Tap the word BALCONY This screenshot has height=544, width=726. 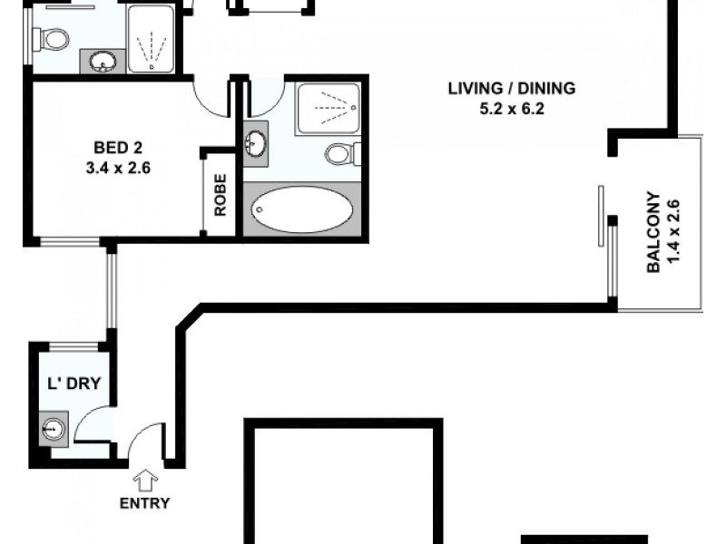(x=652, y=233)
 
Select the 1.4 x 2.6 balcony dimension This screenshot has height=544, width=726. (x=672, y=233)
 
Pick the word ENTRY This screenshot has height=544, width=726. (x=145, y=504)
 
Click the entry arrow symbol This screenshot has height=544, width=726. (x=144, y=478)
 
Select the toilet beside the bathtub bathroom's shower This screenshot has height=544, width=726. (x=340, y=153)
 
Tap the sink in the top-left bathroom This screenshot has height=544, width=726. (x=103, y=62)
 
